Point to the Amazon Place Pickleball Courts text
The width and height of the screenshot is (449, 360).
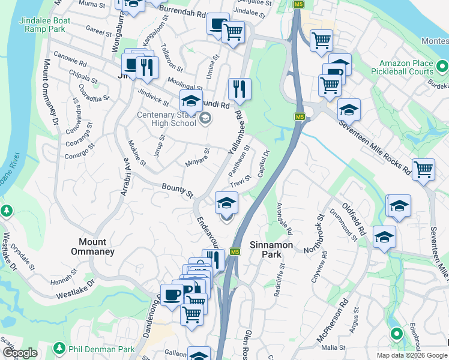[406, 67]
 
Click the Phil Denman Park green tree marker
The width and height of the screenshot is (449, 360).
[59, 348]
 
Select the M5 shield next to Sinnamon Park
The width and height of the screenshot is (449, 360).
[235, 251]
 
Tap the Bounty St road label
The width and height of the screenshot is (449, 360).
[178, 191]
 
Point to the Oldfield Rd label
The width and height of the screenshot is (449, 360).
[354, 218]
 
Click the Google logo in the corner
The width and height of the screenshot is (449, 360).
[20, 353]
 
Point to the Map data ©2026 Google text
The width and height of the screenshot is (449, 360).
[412, 355]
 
